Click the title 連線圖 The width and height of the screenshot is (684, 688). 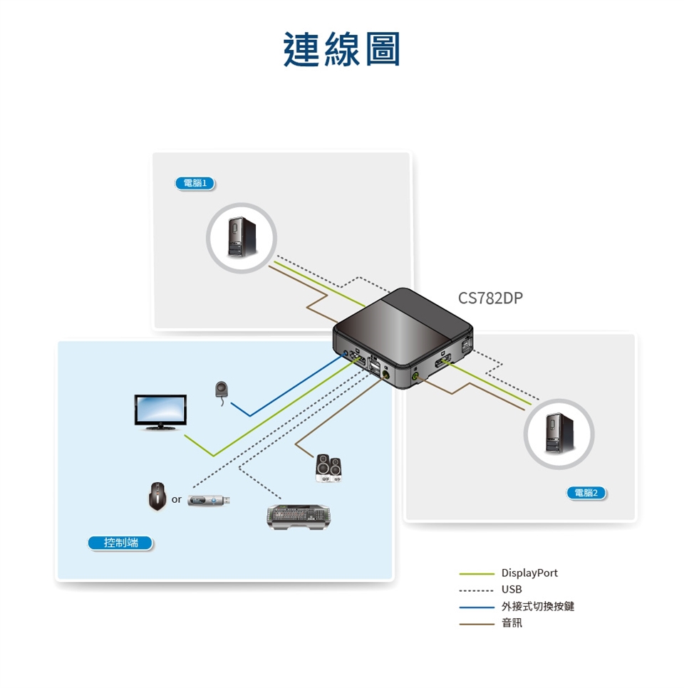coord(342,50)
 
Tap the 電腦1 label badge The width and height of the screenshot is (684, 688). coord(195,183)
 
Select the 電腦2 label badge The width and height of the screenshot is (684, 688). coord(584,493)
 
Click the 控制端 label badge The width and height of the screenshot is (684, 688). coord(120,543)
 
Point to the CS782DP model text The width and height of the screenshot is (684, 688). coord(489,298)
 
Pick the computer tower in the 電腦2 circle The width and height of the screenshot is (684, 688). coord(557,434)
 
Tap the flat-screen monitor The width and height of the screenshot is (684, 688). coord(160,412)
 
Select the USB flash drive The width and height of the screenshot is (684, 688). coord(208,501)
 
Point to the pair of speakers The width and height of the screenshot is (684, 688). coord(329,467)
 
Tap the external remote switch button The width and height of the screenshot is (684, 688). coord(222,390)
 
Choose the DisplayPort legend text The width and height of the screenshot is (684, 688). coord(529,573)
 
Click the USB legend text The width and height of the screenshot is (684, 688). coord(512,590)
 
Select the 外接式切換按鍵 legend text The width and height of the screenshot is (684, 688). coord(537,606)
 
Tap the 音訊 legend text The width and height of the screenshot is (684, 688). coord(512,623)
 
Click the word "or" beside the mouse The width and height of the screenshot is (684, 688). coord(176,500)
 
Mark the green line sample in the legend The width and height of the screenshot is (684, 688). coord(476,573)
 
